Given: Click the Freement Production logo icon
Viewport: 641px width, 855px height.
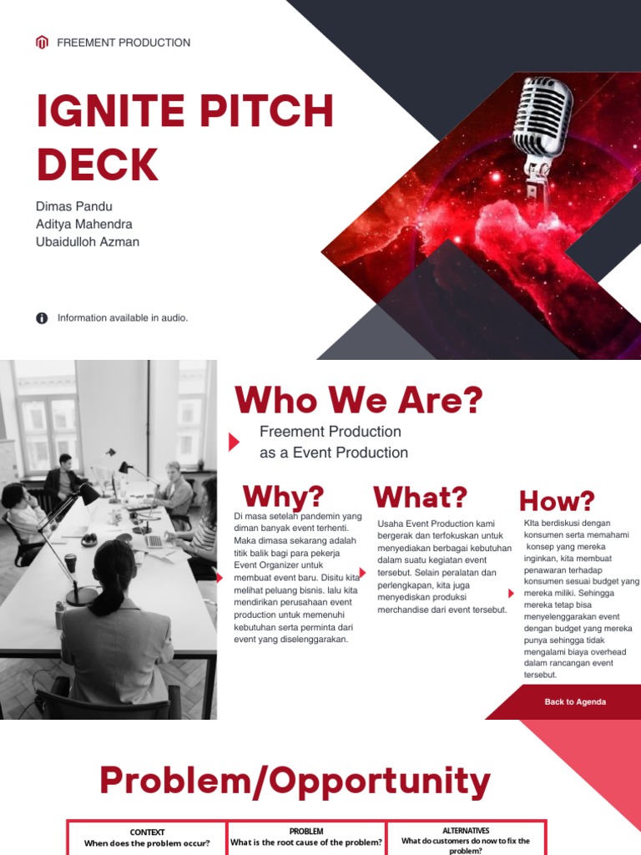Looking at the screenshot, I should click(x=42, y=43).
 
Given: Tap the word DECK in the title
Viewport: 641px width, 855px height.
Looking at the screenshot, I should click(x=97, y=164).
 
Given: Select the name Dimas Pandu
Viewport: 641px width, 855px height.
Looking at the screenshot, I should click(x=73, y=206).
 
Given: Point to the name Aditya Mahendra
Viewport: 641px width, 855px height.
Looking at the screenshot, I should click(x=83, y=224).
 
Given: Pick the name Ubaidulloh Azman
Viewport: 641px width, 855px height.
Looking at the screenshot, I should click(x=87, y=242).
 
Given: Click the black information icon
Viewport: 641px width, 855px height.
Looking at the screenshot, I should click(x=42, y=318).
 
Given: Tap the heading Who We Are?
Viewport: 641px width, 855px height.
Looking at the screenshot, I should click(x=359, y=401).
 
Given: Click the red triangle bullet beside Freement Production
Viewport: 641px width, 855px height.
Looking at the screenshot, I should click(x=234, y=443).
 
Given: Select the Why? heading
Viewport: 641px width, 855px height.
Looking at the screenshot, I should click(x=283, y=497).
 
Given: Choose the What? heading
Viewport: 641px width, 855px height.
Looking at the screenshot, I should click(x=420, y=498).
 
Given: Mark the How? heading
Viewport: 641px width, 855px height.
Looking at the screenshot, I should click(x=557, y=501).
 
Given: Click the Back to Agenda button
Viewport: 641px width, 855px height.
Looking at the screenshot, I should click(x=575, y=702).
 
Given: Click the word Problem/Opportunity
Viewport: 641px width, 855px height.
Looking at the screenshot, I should click(x=295, y=781).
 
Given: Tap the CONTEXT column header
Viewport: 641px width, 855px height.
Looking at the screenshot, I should click(x=147, y=832).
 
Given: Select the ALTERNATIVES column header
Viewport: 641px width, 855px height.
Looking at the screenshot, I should click(x=466, y=831).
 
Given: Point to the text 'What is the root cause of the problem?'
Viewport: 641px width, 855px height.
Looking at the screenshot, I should click(x=306, y=843).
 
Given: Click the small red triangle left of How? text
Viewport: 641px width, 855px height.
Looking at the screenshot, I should click(x=512, y=593).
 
